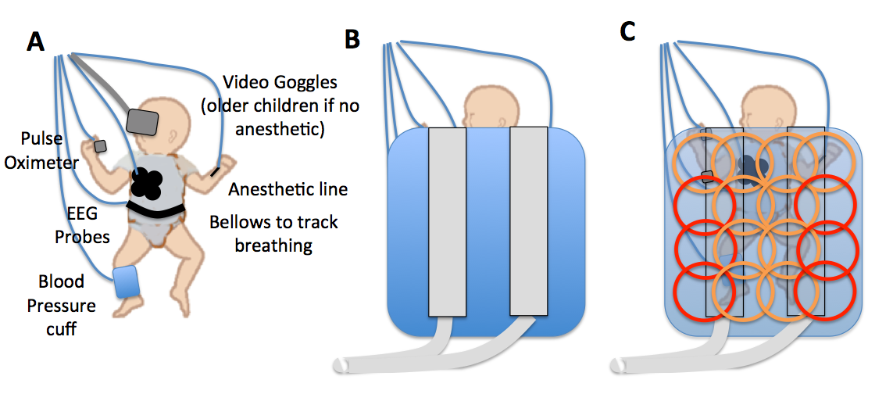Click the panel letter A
pos(35,41)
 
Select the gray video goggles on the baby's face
pos(142,121)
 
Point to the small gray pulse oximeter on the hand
pos(100,145)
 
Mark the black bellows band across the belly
pos(156,208)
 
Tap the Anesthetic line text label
pos(288,189)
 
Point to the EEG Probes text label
pos(81,224)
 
